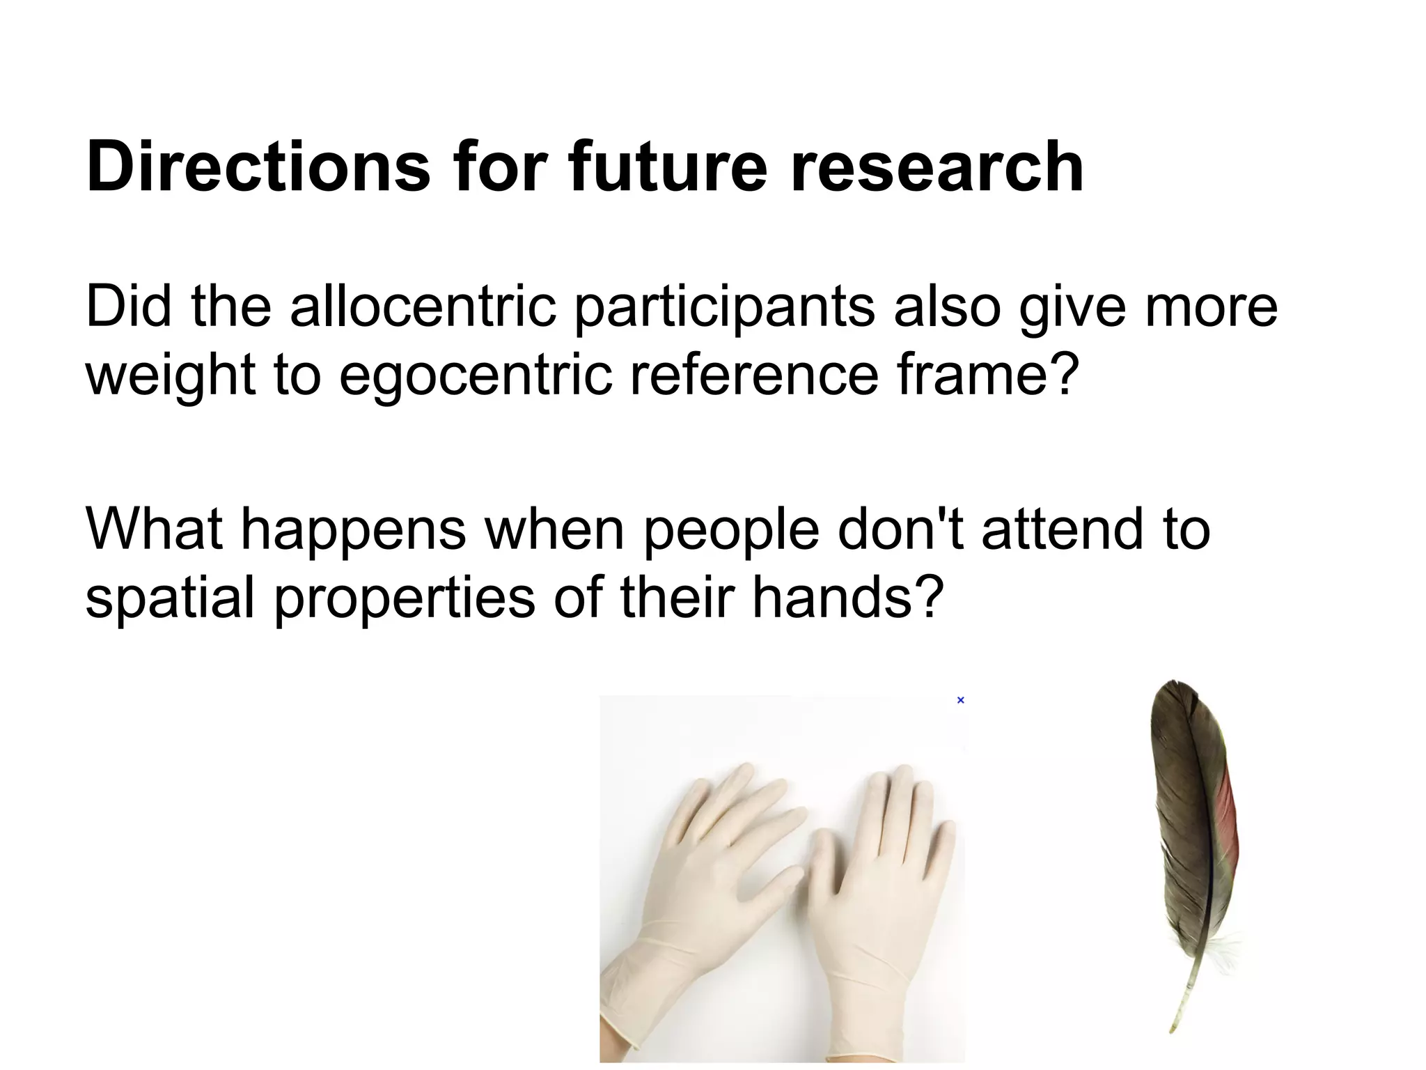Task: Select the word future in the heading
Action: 666,167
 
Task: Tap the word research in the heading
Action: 937,167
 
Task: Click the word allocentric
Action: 423,307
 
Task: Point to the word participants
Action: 724,307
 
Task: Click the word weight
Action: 170,375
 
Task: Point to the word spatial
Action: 170,598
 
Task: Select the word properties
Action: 404,598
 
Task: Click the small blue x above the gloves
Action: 960,700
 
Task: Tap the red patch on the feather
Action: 1230,822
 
